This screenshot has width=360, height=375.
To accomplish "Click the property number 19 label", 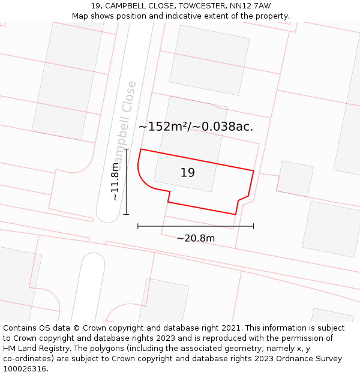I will tap(187, 173).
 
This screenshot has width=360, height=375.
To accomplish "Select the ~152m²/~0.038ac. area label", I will tap(196, 127).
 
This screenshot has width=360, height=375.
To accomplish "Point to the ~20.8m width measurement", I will tap(196, 238).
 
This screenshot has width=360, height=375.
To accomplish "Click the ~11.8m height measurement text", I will tap(115, 181).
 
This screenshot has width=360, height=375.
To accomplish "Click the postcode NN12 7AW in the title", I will tap(250, 6).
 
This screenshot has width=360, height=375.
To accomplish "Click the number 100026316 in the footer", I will tap(26, 369).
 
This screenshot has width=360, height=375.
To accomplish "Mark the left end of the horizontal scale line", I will tap(138, 226).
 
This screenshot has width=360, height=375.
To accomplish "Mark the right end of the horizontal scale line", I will tap(253, 226).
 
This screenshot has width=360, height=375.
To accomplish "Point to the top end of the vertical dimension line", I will tap(126, 149).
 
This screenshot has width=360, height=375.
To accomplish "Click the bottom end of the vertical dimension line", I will tap(126, 214).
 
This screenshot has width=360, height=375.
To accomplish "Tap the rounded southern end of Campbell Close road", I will tap(109, 214).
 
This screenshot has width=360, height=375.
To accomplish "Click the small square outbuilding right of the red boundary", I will tap(295, 178).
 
